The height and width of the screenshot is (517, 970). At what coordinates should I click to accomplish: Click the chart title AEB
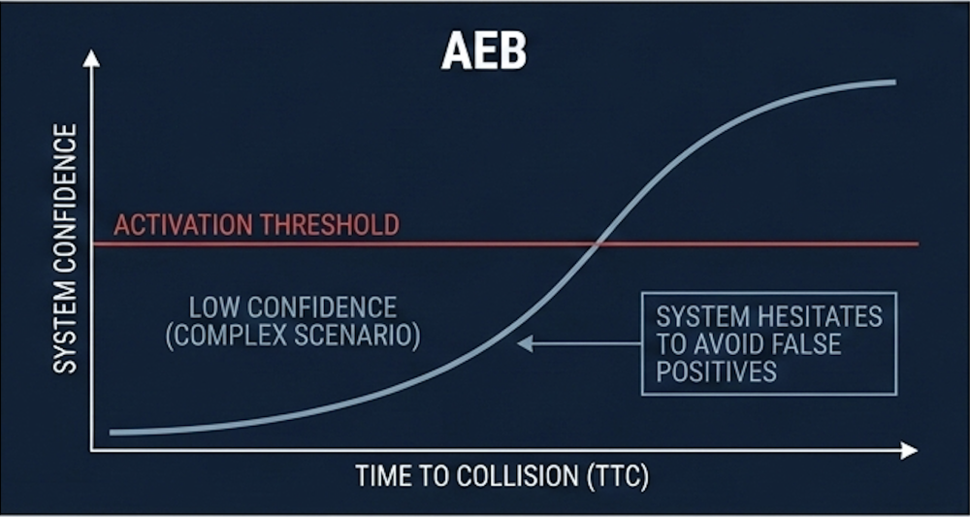point(483,50)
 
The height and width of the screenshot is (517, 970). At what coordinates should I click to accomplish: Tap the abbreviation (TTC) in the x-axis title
point(619,477)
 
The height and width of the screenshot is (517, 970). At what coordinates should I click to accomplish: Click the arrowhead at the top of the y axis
point(91,58)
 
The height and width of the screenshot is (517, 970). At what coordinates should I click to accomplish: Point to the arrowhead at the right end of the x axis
point(910,450)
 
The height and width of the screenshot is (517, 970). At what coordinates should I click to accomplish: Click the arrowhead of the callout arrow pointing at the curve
point(525,343)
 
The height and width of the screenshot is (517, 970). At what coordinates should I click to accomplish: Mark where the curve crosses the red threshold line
point(597,244)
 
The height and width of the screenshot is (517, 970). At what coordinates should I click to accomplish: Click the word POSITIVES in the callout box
point(717,372)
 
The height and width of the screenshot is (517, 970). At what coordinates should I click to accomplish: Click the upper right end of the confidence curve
point(894,82)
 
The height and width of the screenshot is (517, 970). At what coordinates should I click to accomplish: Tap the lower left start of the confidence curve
point(112,433)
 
